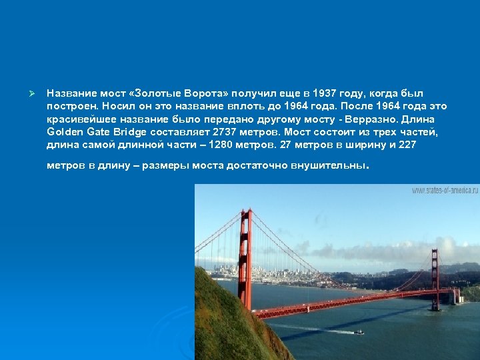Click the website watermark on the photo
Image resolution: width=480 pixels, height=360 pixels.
click(445, 190)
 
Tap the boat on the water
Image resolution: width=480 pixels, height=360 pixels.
click(359, 331)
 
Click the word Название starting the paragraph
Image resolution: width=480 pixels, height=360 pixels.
click(72, 93)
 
